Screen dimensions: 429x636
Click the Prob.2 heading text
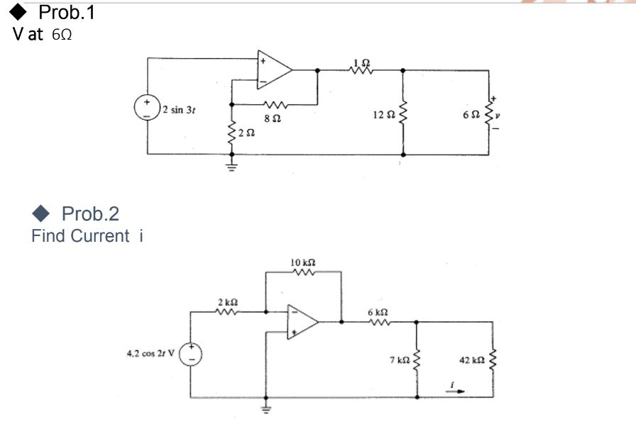[91, 213]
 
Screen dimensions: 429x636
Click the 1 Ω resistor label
[361, 62]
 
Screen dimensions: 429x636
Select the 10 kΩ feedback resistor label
[303, 264]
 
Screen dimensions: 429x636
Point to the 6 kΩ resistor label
[377, 312]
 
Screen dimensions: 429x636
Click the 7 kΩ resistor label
[398, 360]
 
